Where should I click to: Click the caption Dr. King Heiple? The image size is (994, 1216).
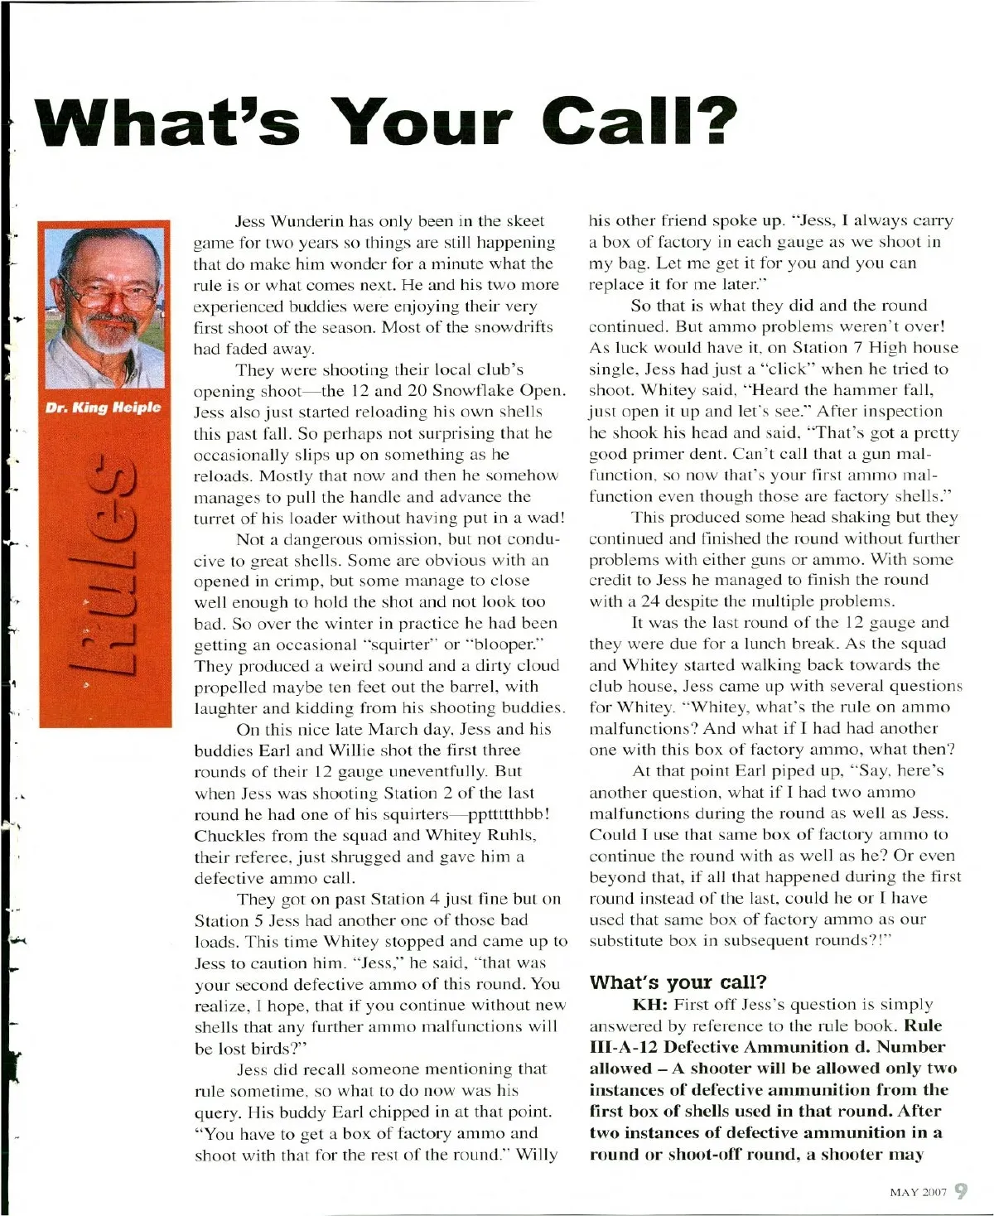click(104, 407)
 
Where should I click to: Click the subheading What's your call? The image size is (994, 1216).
click(678, 982)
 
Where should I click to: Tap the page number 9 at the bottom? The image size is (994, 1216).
click(961, 1191)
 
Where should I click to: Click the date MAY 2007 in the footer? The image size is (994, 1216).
click(917, 1193)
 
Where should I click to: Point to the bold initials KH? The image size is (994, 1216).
click(650, 1005)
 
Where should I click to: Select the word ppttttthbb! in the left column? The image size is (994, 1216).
click(503, 814)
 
